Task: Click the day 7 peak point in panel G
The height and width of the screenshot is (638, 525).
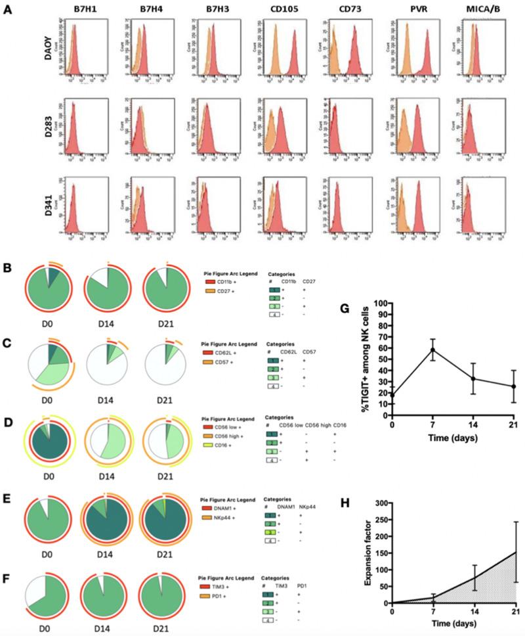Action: [x=433, y=350]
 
